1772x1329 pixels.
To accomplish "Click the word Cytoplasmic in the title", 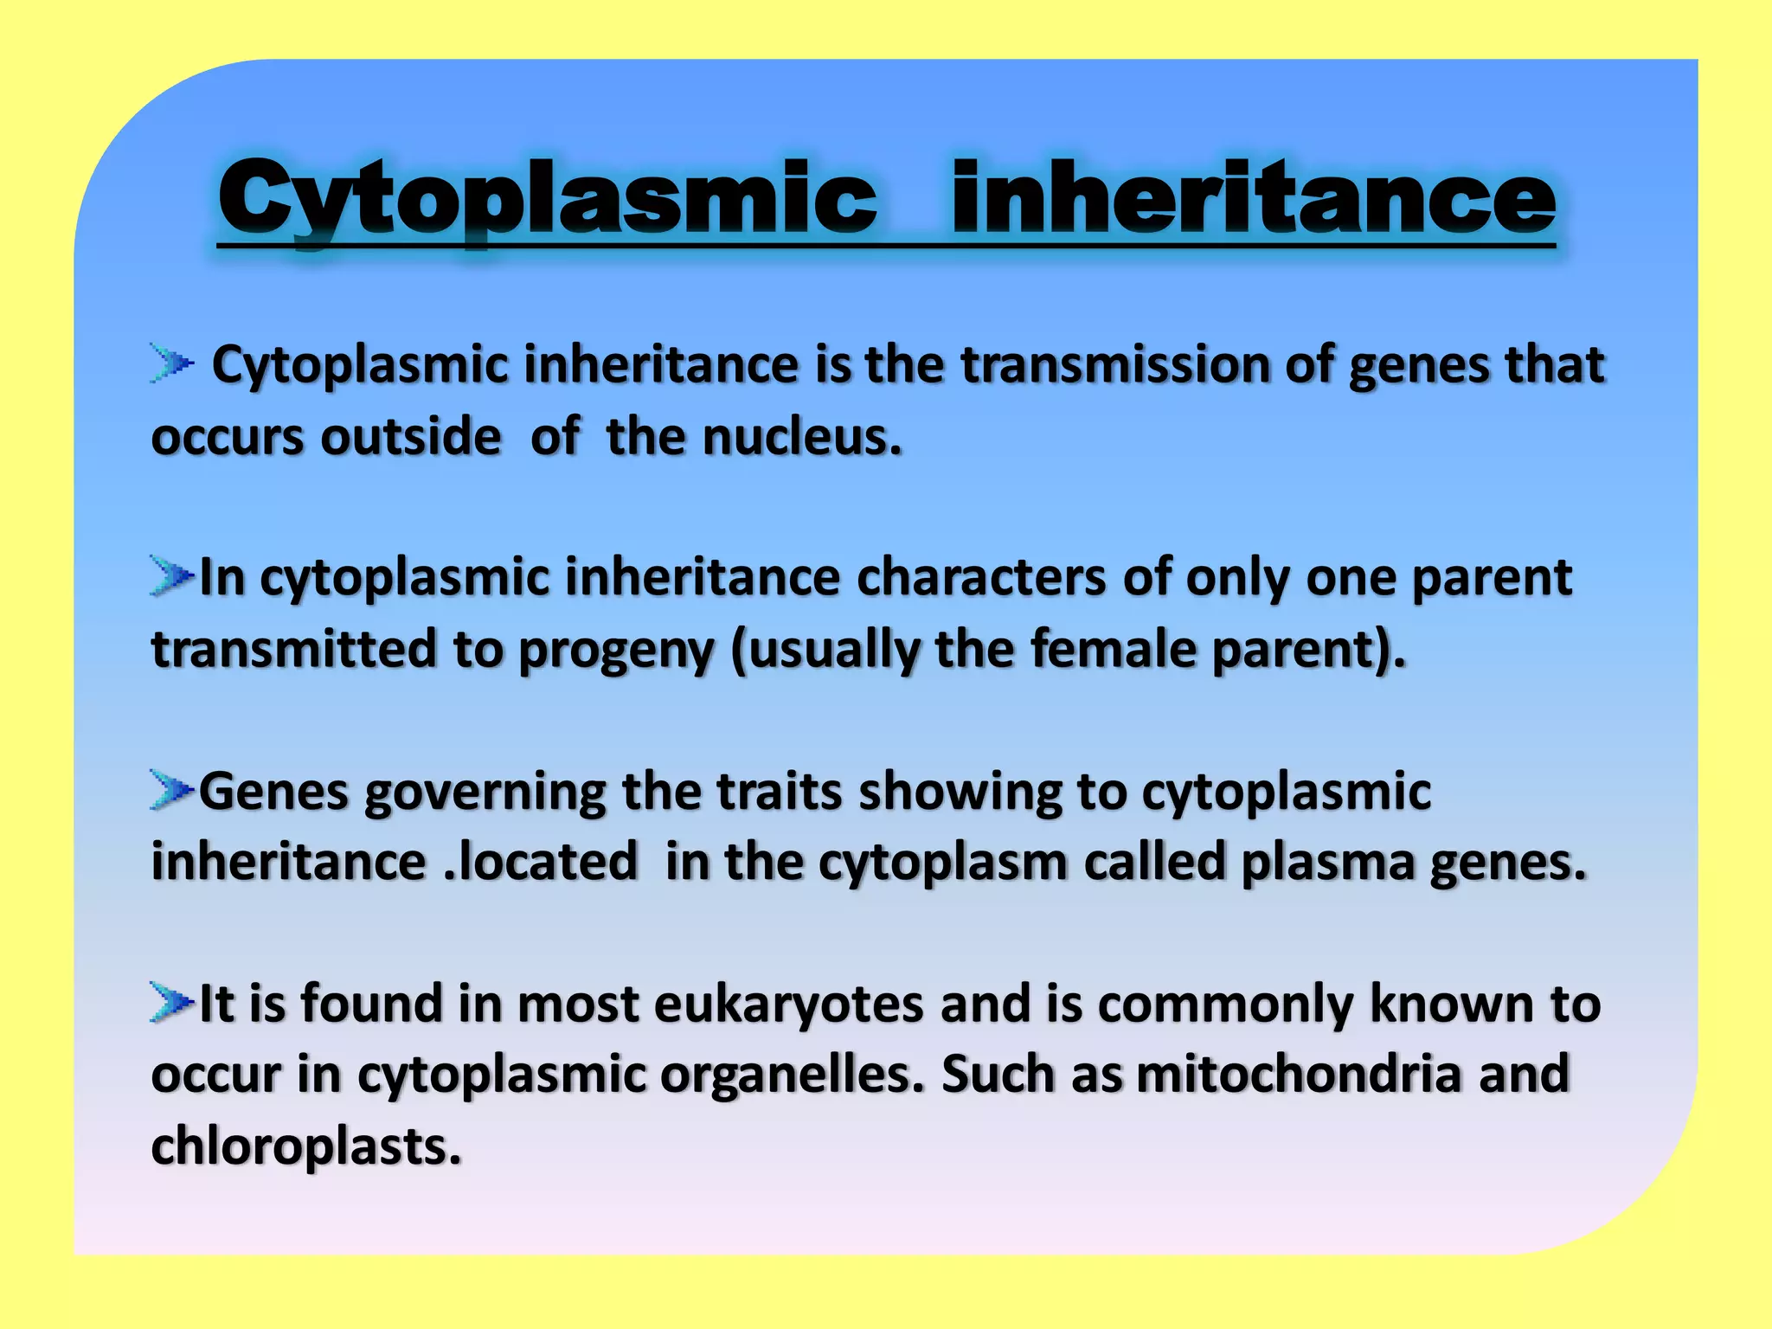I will (x=547, y=199).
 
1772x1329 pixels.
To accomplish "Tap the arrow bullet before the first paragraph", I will (x=170, y=363).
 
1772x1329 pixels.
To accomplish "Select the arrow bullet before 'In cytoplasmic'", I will (x=170, y=575).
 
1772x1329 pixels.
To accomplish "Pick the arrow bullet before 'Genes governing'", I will (x=170, y=790).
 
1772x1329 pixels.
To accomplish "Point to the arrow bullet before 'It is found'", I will (x=170, y=1002).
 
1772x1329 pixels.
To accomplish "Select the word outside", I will (x=411, y=436).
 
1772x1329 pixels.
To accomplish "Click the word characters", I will (x=980, y=577).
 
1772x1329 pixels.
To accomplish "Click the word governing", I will (x=485, y=793).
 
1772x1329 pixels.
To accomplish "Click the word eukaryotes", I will (x=788, y=1005).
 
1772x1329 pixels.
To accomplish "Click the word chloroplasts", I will (x=306, y=1147).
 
